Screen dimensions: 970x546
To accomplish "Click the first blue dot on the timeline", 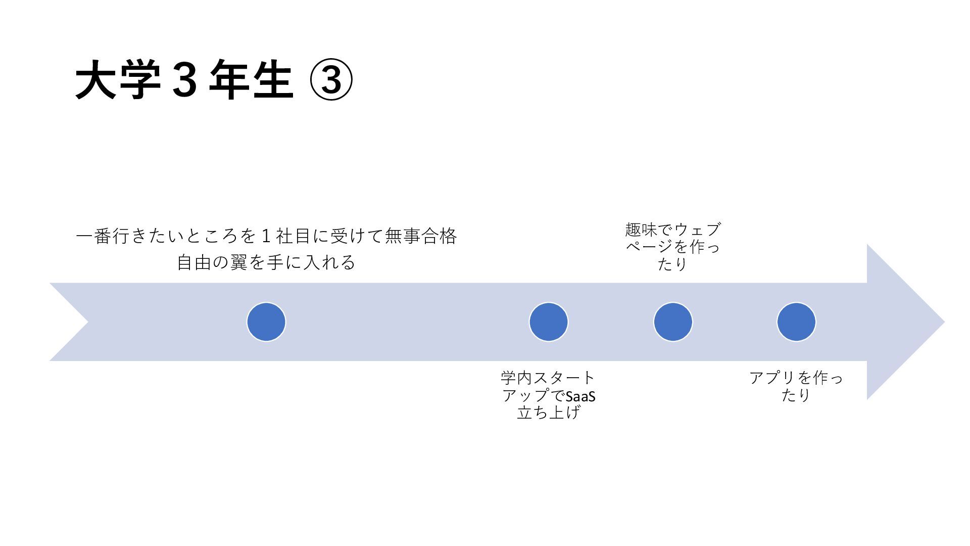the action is coord(266,322).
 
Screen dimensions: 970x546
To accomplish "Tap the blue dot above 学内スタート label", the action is coord(549,322).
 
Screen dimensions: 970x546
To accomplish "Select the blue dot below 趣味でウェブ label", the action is coord(673,322).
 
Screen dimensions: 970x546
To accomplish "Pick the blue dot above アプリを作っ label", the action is coord(796,322).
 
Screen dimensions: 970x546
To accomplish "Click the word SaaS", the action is coord(580,396).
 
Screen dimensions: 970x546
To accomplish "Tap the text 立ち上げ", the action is coord(549,413).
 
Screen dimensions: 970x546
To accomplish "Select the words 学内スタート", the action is coord(549,378).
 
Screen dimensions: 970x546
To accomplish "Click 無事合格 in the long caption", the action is coord(421,236).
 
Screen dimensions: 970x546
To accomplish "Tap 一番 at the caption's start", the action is coord(94,236).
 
